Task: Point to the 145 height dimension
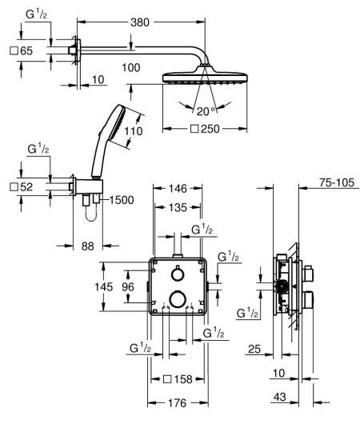pos(114,286)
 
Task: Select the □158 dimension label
pos(178,378)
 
